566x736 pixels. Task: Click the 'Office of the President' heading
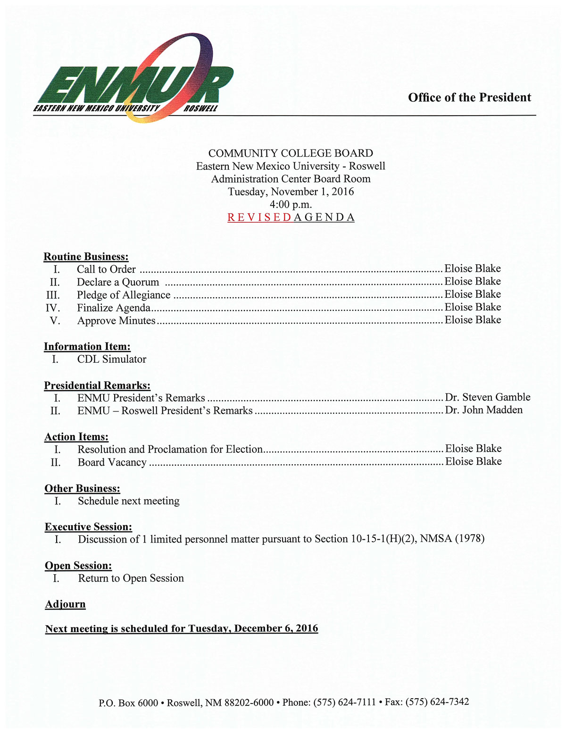point(469,98)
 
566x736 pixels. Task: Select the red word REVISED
point(259,217)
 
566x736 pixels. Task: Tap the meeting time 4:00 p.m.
point(291,205)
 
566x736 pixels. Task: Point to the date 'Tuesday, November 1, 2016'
point(291,192)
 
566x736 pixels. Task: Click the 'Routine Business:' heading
point(86,257)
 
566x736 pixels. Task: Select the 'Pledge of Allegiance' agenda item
point(124,295)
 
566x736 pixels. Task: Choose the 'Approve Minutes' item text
point(116,321)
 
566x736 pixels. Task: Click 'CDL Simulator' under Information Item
point(112,360)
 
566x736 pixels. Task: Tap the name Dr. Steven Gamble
point(488,397)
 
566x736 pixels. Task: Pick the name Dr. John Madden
point(484,410)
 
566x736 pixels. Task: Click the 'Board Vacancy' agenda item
point(112,462)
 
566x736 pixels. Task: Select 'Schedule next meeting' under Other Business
point(129,501)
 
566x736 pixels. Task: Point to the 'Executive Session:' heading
point(88,527)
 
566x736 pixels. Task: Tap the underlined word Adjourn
point(66,604)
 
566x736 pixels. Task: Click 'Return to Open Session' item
point(131,578)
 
